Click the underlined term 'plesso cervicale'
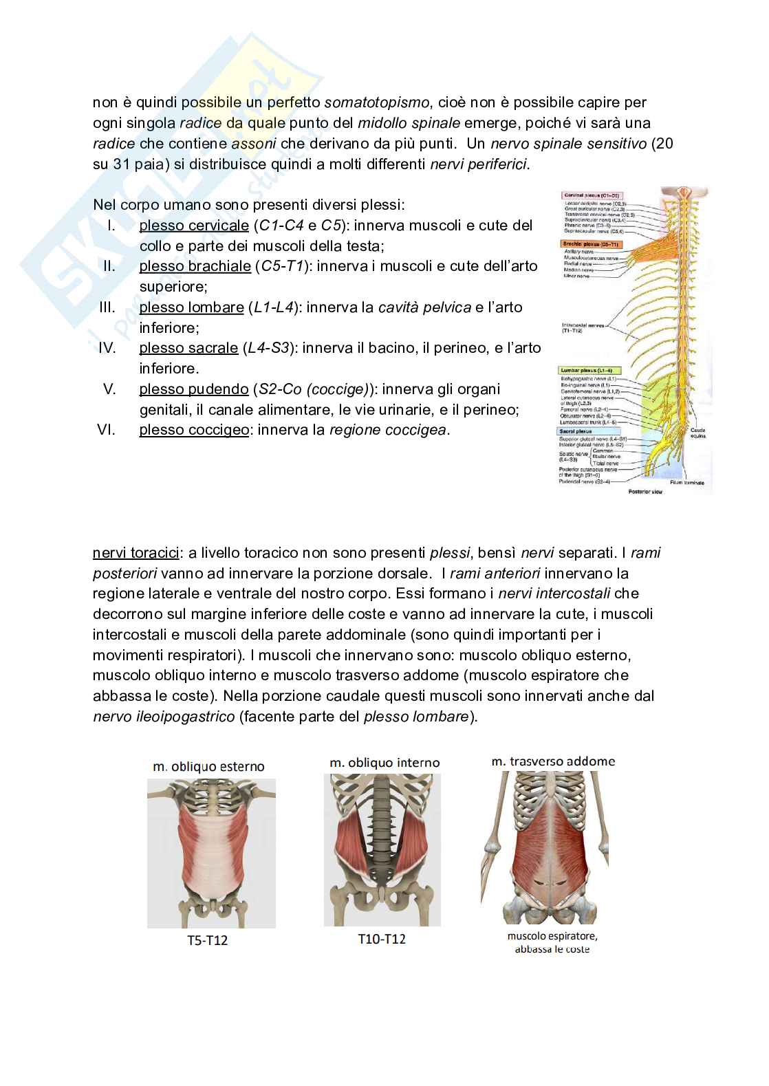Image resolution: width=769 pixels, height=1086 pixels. [x=193, y=226]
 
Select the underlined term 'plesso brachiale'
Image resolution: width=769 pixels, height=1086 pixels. [x=195, y=266]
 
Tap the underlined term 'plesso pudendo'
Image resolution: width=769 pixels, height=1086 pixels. [x=193, y=389]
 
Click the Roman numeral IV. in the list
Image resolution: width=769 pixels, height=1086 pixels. [x=107, y=348]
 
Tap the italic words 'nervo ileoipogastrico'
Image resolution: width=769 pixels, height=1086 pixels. [x=164, y=717]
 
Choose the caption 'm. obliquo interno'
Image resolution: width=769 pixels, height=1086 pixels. [x=384, y=763]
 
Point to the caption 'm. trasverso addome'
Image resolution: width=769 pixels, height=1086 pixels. [x=553, y=761]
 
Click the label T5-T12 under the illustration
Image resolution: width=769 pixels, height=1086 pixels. [x=207, y=940]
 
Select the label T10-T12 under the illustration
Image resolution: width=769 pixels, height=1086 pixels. [x=382, y=938]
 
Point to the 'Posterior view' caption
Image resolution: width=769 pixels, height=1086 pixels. [x=645, y=492]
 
